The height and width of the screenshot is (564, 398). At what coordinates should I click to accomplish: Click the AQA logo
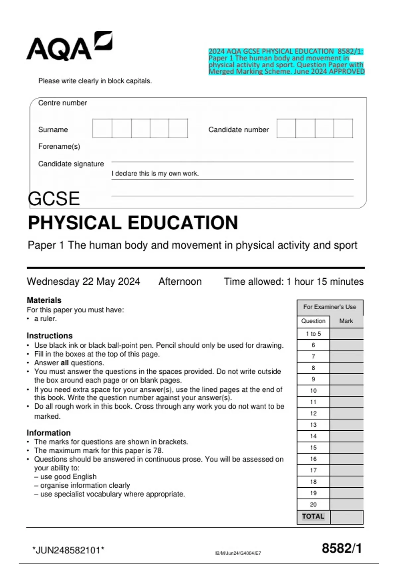[69, 46]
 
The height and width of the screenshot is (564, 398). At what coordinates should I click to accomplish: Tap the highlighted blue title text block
[286, 61]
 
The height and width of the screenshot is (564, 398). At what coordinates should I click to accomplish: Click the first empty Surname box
[102, 128]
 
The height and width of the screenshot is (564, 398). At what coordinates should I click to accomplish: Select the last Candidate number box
[343, 128]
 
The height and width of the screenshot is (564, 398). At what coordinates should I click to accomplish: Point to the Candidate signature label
[71, 164]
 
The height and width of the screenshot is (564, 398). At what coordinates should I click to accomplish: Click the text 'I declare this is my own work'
[155, 174]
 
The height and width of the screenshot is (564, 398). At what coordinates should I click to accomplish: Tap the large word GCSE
[54, 199]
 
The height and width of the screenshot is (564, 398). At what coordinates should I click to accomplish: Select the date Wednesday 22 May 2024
[83, 282]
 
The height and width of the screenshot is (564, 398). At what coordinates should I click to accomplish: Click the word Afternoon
[180, 282]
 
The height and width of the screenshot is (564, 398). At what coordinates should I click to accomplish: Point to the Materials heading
[44, 300]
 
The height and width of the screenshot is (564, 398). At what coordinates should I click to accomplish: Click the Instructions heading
[49, 336]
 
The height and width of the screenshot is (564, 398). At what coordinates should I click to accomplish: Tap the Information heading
[48, 433]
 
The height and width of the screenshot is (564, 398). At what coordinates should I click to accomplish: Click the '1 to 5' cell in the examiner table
[313, 334]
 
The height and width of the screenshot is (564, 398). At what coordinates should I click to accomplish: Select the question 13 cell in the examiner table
[313, 425]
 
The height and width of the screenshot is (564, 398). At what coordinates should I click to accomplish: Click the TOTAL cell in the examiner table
[313, 517]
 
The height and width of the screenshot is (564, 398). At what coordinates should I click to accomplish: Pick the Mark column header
[346, 321]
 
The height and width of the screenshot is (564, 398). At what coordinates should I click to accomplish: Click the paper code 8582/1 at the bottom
[342, 548]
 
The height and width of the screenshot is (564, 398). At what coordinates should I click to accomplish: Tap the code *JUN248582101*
[68, 550]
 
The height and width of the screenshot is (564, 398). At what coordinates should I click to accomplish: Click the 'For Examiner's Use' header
[330, 307]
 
